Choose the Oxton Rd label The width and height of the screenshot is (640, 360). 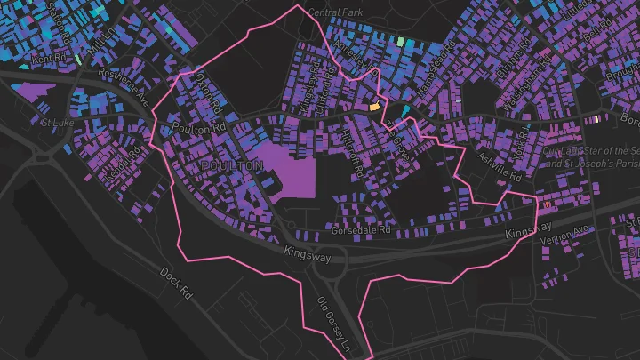coord(206,90)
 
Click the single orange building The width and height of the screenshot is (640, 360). coord(375,106)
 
